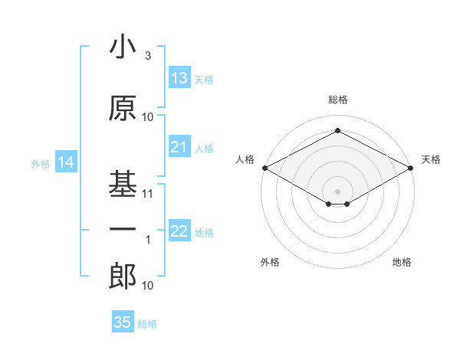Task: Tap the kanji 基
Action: tap(123, 184)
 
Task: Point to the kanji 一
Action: tap(123, 227)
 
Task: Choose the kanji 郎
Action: tap(123, 277)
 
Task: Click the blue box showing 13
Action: tap(179, 78)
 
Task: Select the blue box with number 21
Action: tap(179, 147)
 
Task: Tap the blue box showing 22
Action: tap(179, 231)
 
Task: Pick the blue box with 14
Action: tap(65, 162)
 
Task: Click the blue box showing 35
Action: tap(123, 322)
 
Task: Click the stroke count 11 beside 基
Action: tap(148, 194)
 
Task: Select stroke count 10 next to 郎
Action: tap(148, 285)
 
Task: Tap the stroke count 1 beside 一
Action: tap(148, 239)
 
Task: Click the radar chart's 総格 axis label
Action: tap(337, 100)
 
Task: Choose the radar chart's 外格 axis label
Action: tap(270, 262)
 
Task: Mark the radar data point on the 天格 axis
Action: tap(411, 168)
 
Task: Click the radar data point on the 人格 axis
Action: tap(264, 168)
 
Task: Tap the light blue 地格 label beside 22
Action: tap(204, 232)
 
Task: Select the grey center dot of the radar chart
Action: tap(337, 190)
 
